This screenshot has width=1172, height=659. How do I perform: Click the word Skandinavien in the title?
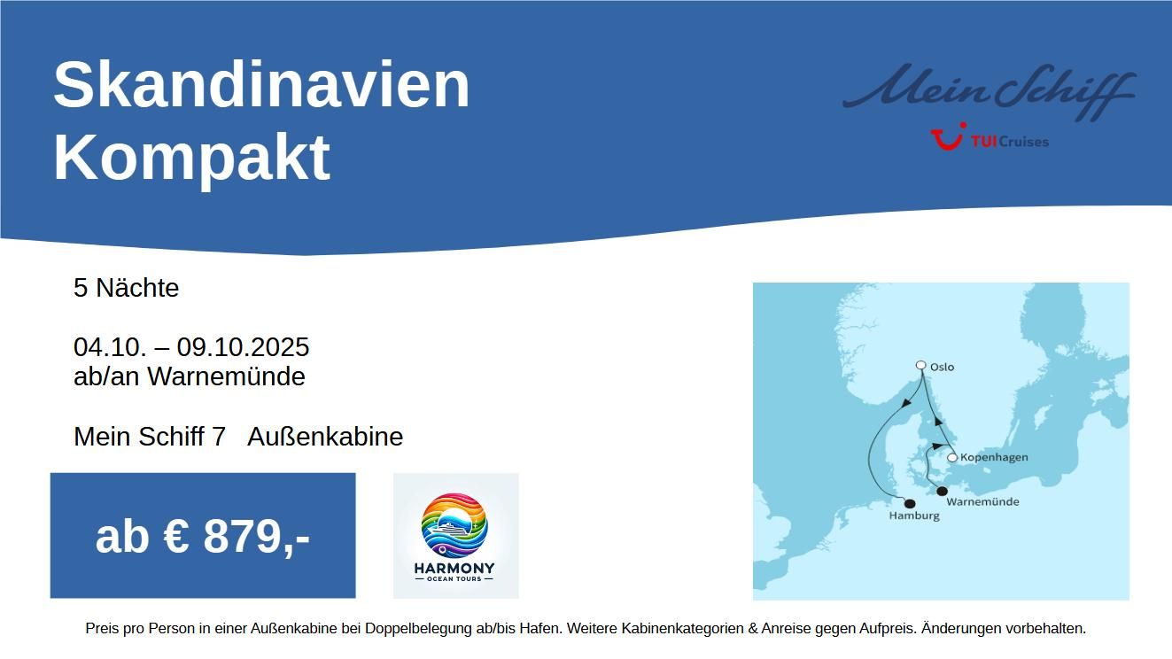(261, 84)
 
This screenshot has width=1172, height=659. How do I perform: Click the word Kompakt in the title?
(191, 158)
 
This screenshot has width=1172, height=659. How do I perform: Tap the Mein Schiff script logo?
(989, 90)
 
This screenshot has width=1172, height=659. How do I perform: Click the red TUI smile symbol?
(948, 137)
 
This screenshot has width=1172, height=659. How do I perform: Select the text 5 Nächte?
(126, 288)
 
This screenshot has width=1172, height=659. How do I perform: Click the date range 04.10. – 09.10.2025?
(191, 346)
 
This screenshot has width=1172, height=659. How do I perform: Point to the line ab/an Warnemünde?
(190, 376)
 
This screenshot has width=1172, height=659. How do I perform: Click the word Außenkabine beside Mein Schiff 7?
(325, 437)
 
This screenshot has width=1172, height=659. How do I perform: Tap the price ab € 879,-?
(203, 537)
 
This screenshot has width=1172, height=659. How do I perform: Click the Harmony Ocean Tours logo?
(455, 536)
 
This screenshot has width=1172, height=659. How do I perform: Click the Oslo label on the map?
(942, 368)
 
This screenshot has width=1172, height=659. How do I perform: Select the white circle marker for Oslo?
(921, 365)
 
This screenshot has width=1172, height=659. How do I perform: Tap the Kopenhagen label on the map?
(994, 457)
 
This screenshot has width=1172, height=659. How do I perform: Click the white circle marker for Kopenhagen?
(952, 458)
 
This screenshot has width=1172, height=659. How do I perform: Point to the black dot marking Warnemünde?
(942, 491)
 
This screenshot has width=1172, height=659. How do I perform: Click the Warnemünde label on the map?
(982, 501)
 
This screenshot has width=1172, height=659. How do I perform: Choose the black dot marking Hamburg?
(910, 504)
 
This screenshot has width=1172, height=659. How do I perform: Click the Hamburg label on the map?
(914, 516)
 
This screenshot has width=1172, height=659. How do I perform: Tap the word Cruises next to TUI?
(1024, 142)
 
